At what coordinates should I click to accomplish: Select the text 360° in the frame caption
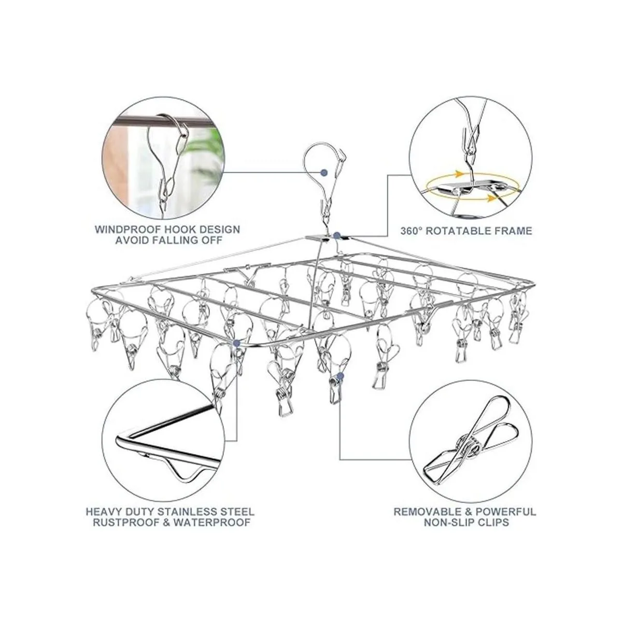[412, 231]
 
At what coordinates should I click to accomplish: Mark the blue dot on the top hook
[324, 173]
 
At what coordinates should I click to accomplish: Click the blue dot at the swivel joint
[337, 235]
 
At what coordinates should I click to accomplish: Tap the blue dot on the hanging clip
[340, 376]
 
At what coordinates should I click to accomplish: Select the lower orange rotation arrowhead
[491, 198]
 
